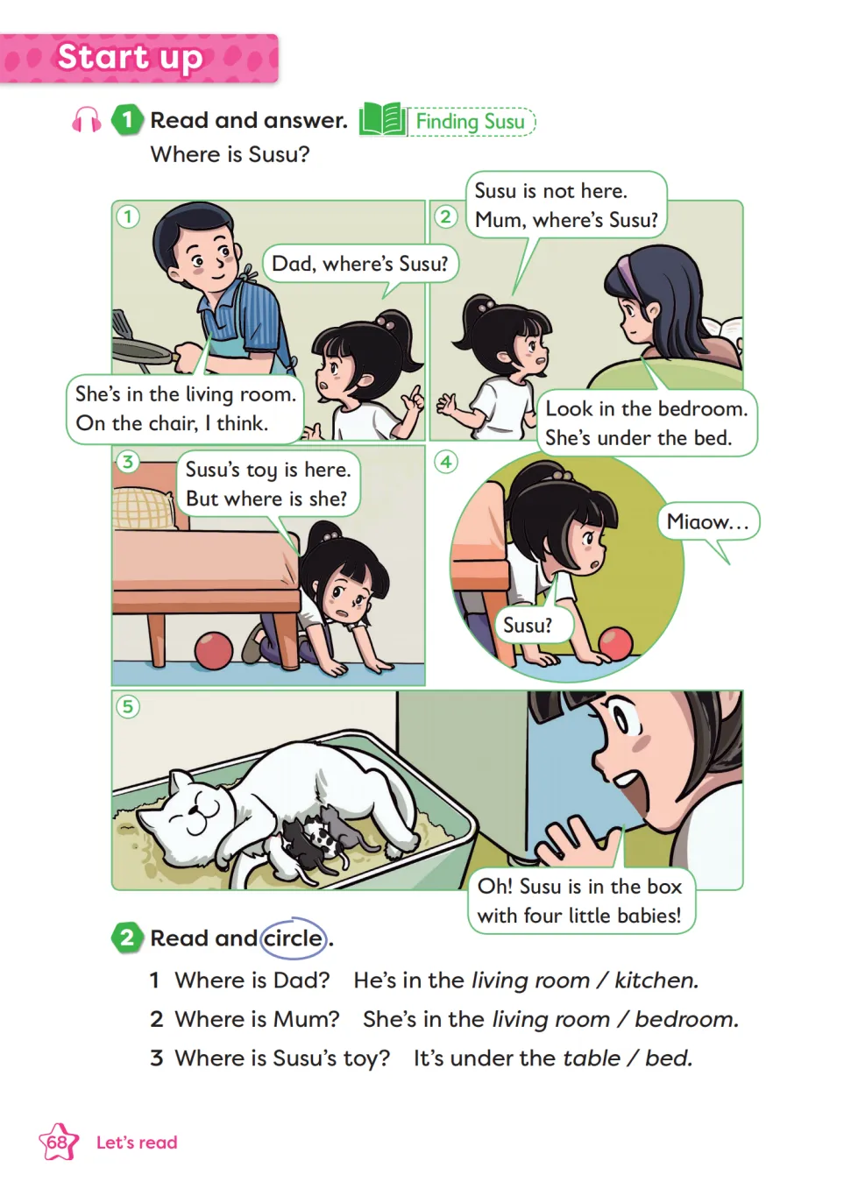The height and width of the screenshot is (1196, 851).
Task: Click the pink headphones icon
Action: click(x=86, y=119)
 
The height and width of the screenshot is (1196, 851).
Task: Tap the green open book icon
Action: click(x=381, y=119)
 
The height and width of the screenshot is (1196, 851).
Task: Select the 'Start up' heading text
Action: click(x=130, y=58)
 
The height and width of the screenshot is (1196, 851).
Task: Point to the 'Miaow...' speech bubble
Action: click(x=708, y=523)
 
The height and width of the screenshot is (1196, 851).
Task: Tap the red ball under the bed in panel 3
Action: click(x=214, y=650)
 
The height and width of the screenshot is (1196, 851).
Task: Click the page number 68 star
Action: click(x=58, y=1142)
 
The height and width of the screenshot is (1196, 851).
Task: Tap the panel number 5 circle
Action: click(x=128, y=707)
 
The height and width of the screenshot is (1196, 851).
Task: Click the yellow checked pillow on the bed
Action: click(x=143, y=508)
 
